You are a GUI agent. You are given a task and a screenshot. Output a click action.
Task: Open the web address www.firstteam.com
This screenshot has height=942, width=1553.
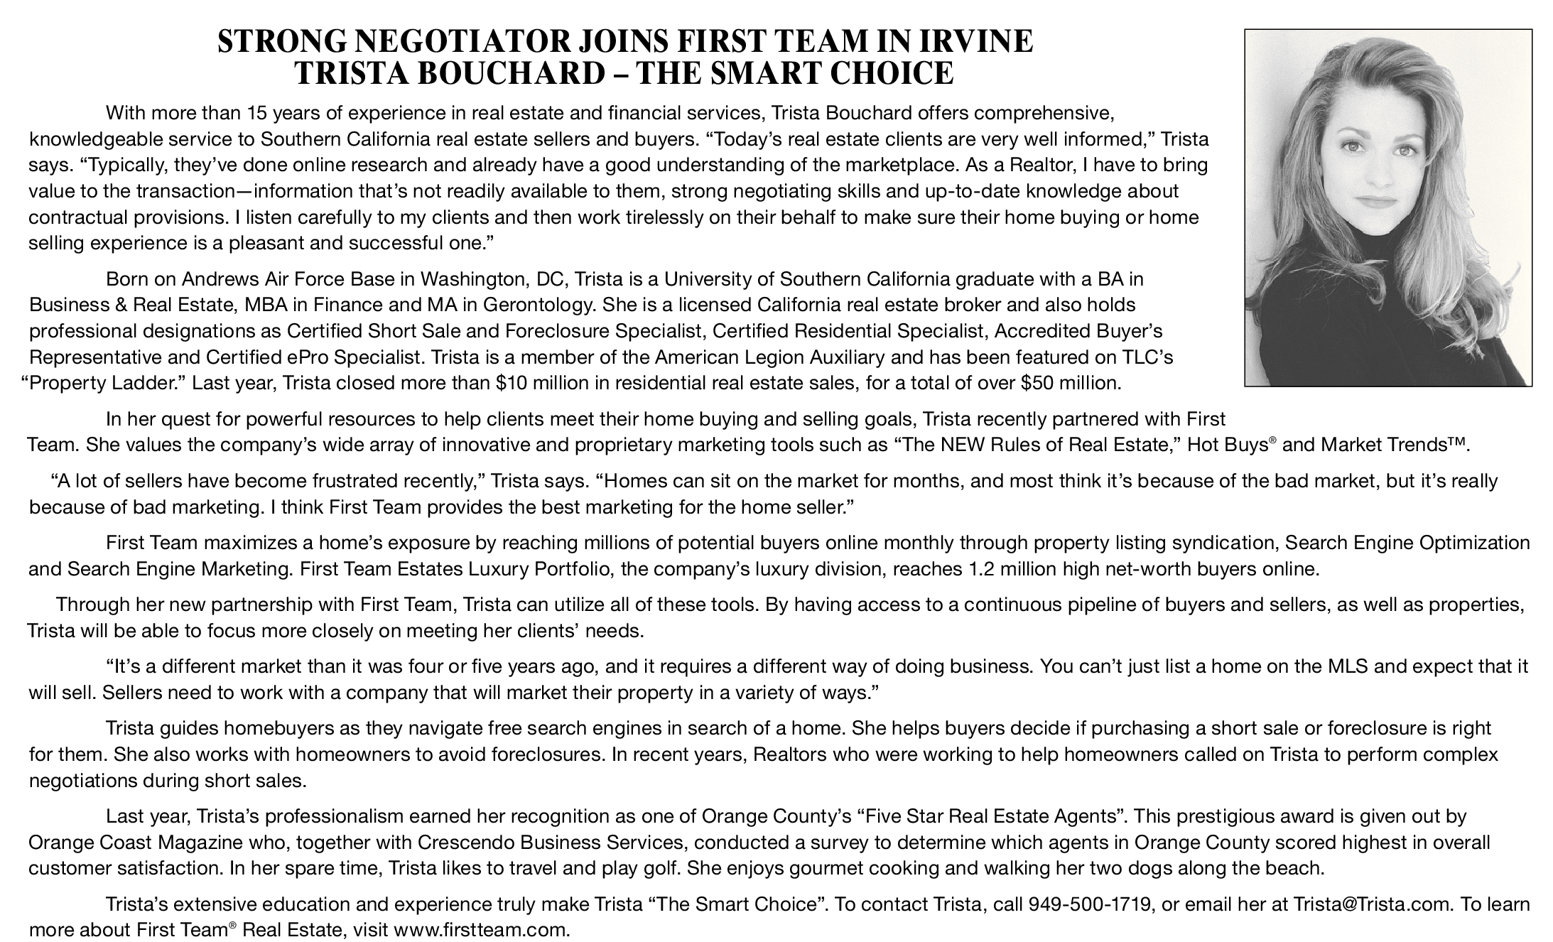click(x=481, y=930)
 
